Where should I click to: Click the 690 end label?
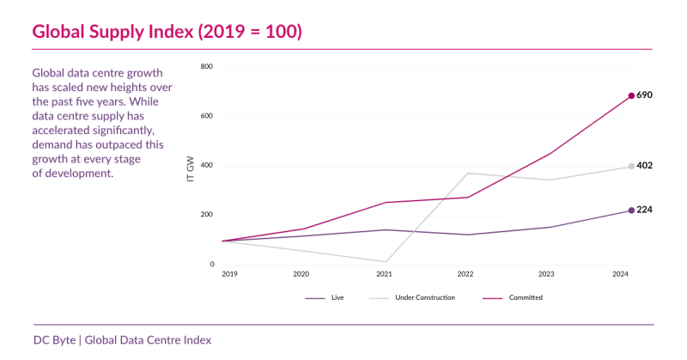645,95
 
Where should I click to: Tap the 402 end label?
645,166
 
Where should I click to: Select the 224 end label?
645,210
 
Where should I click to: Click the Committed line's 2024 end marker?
631,95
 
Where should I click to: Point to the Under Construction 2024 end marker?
631,166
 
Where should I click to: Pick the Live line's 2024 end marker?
631,210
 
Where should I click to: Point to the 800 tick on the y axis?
207,67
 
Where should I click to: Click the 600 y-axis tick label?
207,117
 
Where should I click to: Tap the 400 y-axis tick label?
207,166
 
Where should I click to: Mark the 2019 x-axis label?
229,274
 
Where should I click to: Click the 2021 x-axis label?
384,274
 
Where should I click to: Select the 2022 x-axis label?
465,274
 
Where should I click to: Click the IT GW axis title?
190,167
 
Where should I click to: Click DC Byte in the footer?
53,339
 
